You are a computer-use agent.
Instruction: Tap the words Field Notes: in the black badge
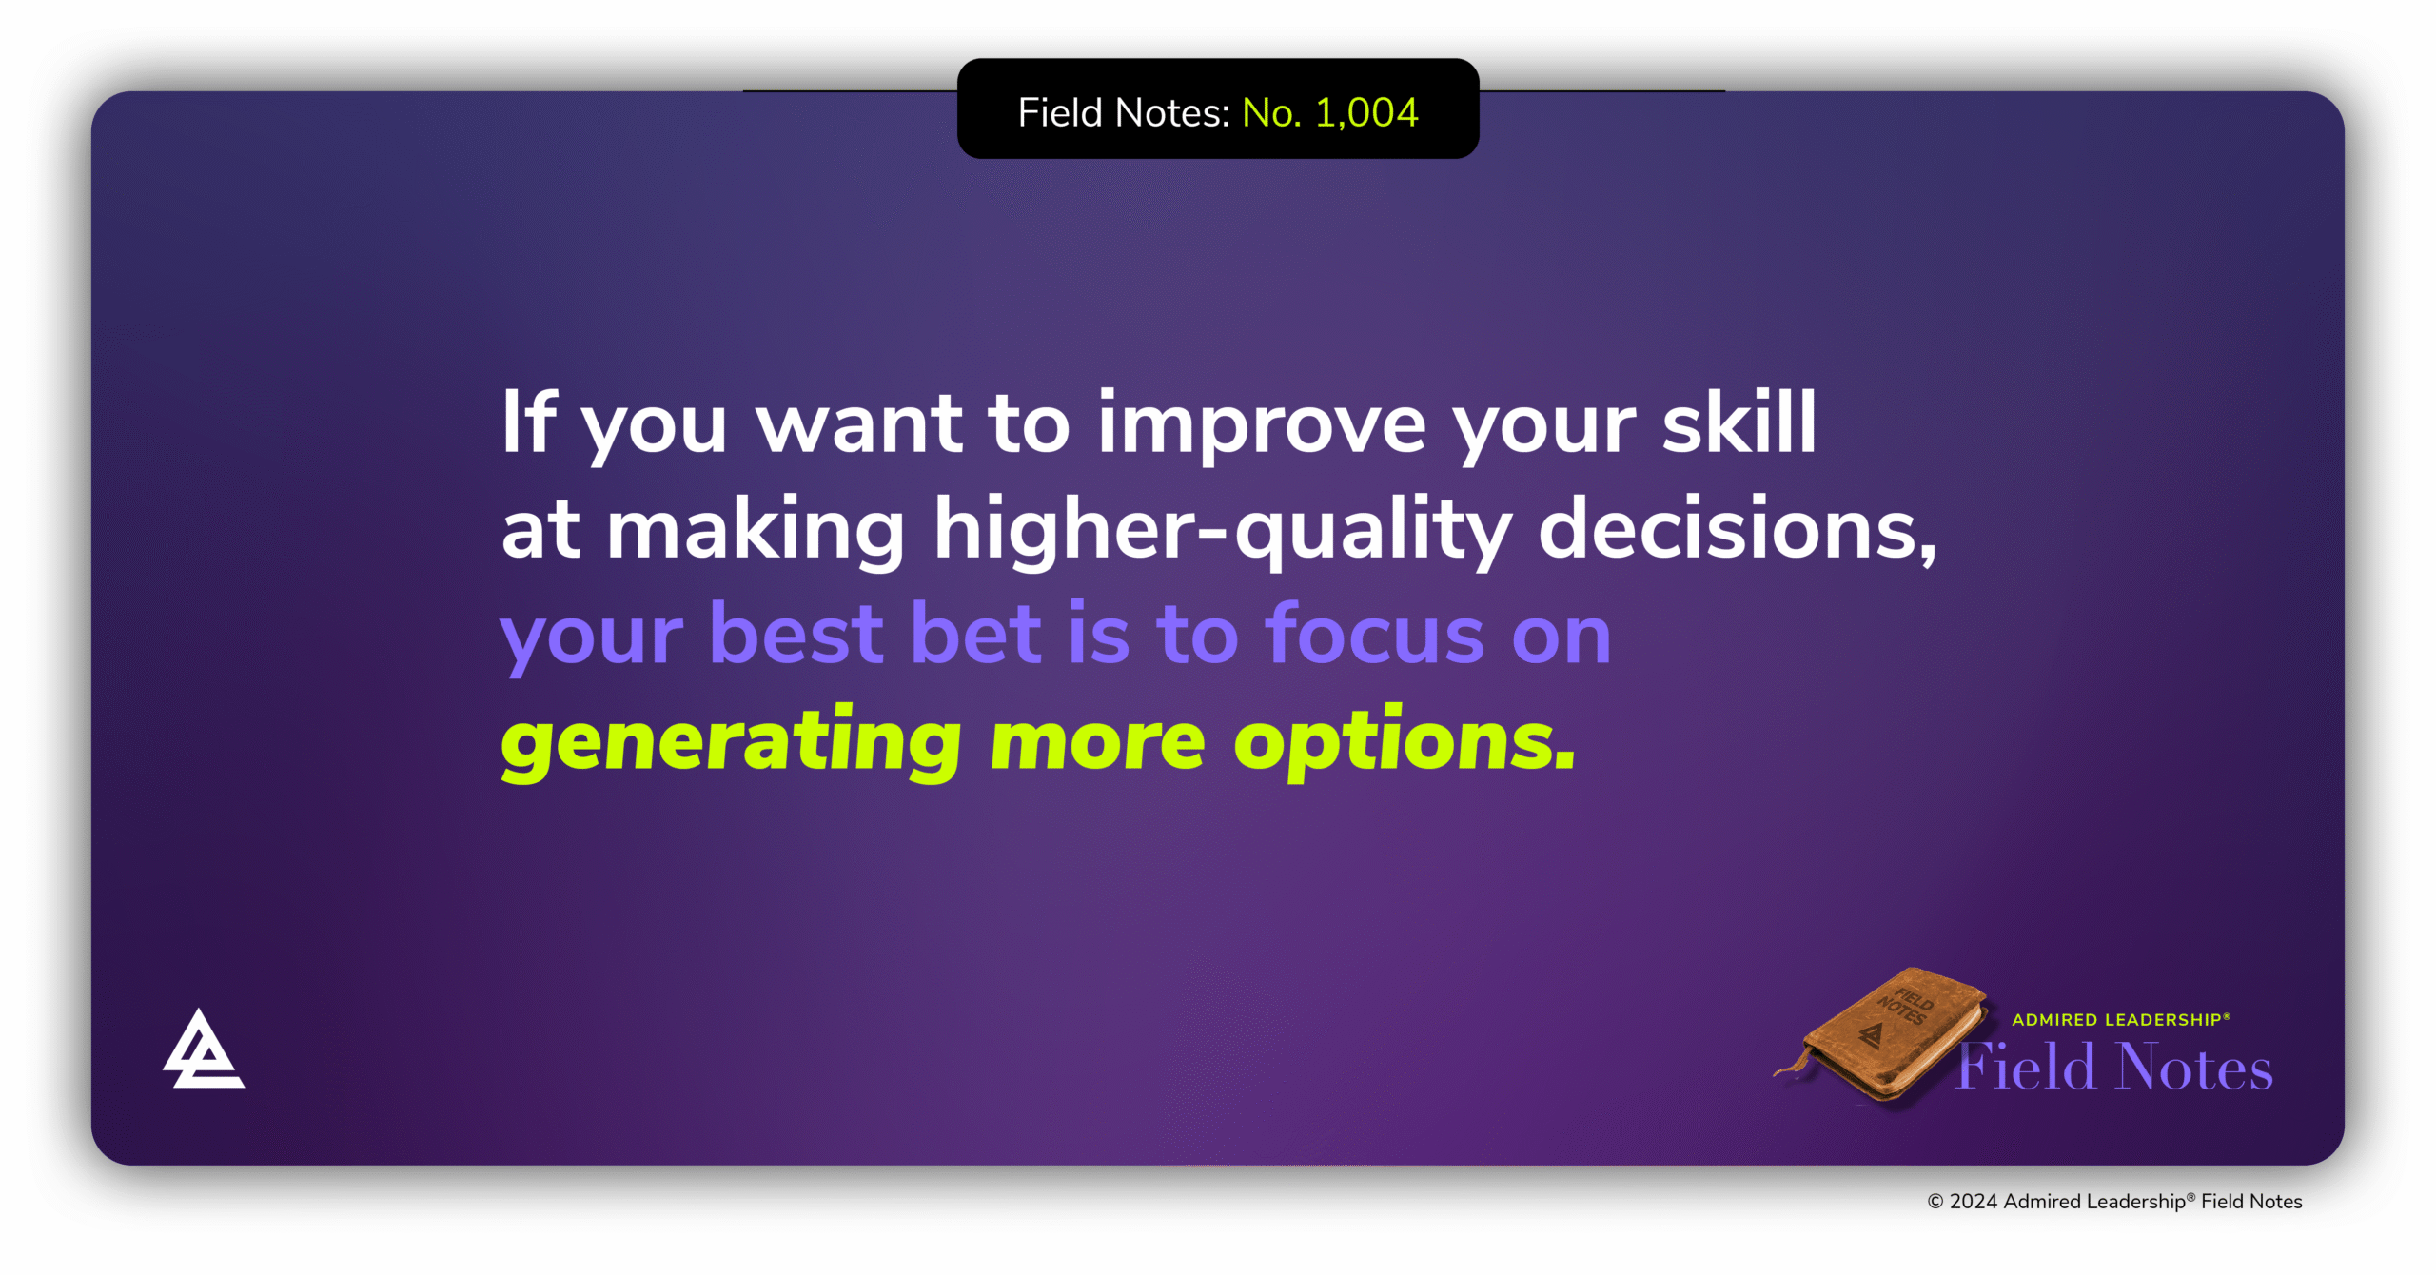pyautogui.click(x=1124, y=112)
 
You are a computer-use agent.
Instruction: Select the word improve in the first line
pyautogui.click(x=1262, y=424)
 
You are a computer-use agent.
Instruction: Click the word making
pyautogui.click(x=756, y=530)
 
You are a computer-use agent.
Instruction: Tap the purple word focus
pyautogui.click(x=1374, y=635)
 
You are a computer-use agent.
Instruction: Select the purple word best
pyautogui.click(x=796, y=635)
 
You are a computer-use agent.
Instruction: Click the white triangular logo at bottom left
pyautogui.click(x=202, y=1050)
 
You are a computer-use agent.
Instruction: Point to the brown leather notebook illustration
pyautogui.click(x=1889, y=1037)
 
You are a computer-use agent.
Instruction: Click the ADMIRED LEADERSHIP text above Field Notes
pyautogui.click(x=2119, y=1020)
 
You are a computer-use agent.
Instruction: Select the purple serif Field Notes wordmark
pyautogui.click(x=2114, y=1068)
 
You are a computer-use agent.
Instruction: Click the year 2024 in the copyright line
pyautogui.click(x=1973, y=1202)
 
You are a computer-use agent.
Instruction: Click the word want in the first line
pyautogui.click(x=859, y=424)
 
